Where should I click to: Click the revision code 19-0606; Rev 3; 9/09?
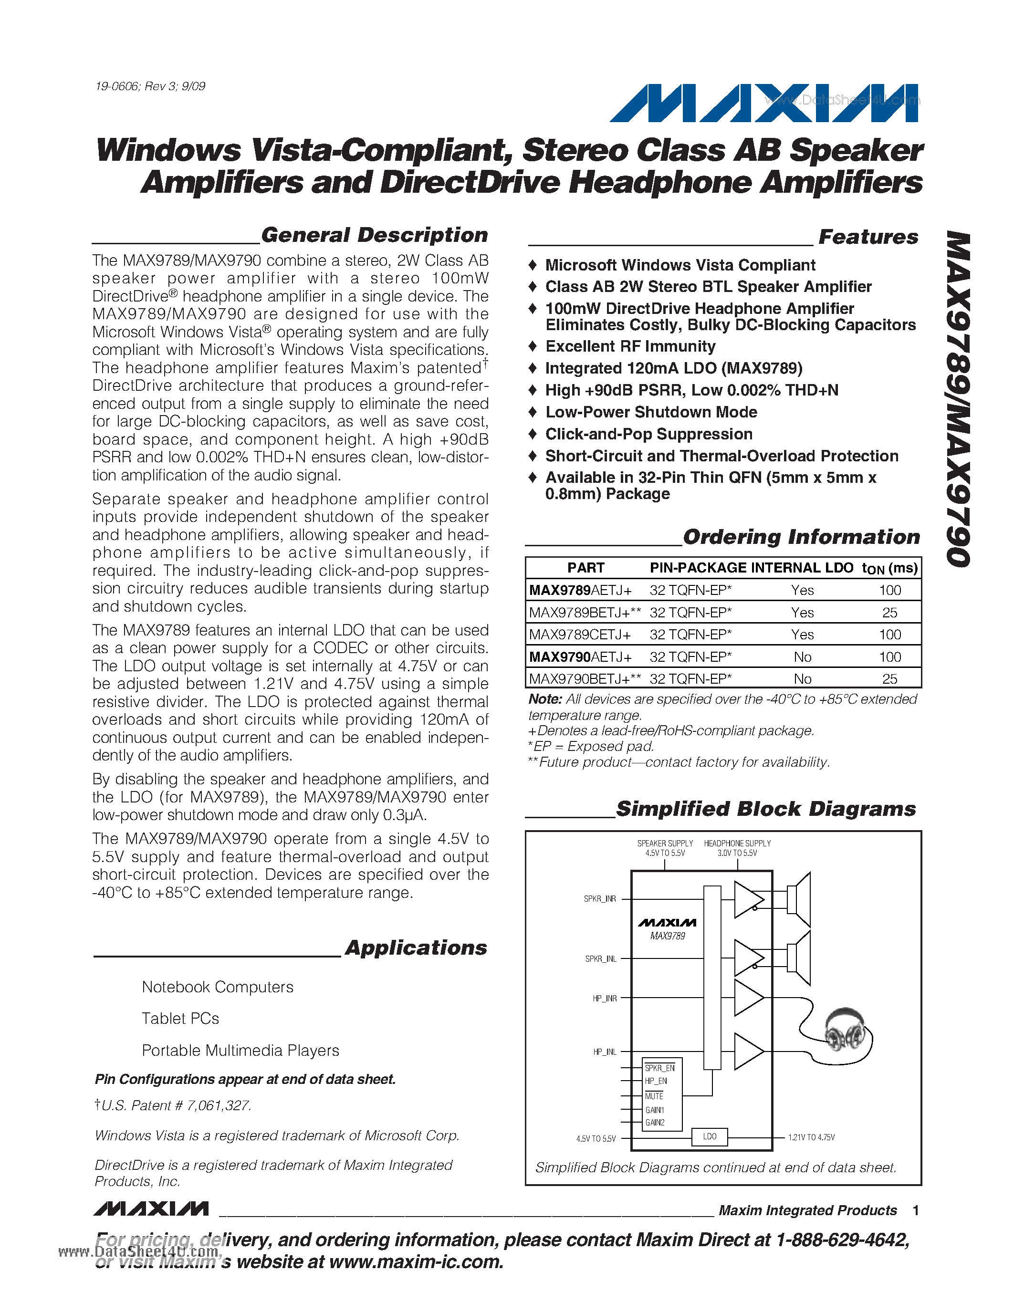pyautogui.click(x=150, y=86)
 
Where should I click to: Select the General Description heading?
pyautogui.click(x=374, y=235)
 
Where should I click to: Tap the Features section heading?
pyautogui.click(x=868, y=237)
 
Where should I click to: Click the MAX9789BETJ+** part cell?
pyautogui.click(x=585, y=613)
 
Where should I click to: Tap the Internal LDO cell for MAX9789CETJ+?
pyautogui.click(x=802, y=635)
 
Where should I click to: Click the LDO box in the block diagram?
pyautogui.click(x=710, y=1136)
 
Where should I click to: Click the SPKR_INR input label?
pyautogui.click(x=599, y=899)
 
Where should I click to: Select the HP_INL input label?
pyautogui.click(x=604, y=1052)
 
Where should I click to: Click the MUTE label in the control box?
pyautogui.click(x=654, y=1096)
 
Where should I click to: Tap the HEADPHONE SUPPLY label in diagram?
pyautogui.click(x=737, y=844)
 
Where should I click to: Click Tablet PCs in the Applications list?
pyautogui.click(x=180, y=1019)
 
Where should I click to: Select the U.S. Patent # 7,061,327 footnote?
pyautogui.click(x=173, y=1106)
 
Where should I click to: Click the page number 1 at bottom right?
pyautogui.click(x=916, y=1210)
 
